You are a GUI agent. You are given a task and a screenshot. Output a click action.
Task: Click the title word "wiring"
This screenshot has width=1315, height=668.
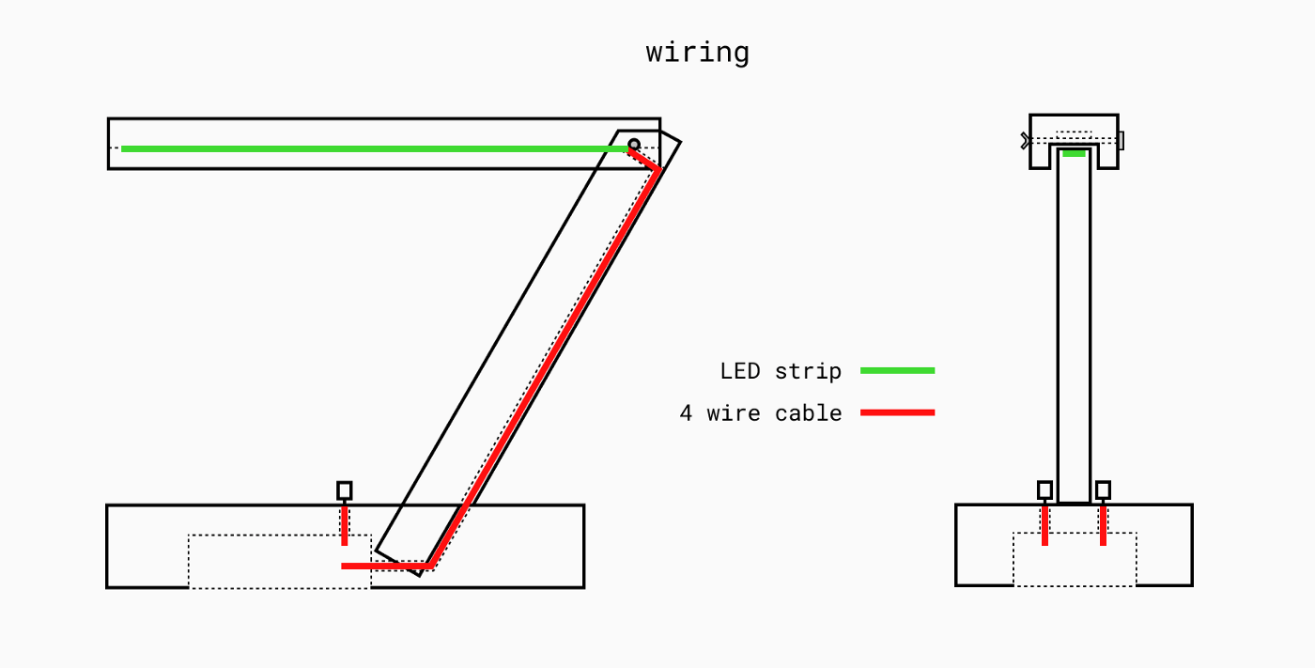click(697, 53)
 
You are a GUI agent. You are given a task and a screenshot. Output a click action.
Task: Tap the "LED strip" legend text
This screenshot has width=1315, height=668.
click(781, 371)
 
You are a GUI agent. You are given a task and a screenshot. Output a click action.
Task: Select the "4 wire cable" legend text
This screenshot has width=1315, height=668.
click(761, 413)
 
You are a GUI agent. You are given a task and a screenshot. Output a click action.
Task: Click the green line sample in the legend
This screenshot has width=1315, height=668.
click(897, 371)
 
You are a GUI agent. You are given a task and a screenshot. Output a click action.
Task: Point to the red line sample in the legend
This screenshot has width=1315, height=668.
click(897, 412)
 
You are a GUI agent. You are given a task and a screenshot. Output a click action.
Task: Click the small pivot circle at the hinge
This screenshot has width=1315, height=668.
click(634, 145)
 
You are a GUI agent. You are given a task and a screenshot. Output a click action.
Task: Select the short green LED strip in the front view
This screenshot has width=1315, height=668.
click(1075, 153)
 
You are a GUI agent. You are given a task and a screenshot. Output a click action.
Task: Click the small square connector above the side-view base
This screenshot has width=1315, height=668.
click(345, 490)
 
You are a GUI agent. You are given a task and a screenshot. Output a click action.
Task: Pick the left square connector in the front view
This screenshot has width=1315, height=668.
click(1044, 489)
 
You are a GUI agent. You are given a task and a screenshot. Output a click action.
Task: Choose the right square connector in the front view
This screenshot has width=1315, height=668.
click(1103, 489)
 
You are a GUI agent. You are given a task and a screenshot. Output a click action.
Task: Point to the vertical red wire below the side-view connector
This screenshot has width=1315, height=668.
click(345, 524)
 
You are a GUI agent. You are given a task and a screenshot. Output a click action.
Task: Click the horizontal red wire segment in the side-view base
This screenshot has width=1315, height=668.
click(385, 566)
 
